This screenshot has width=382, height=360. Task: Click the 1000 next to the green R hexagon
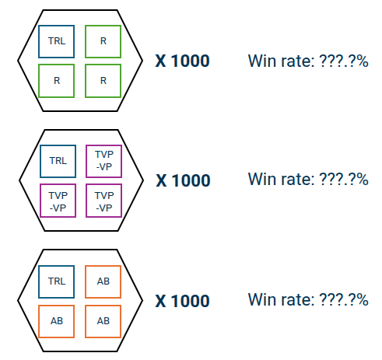coord(191,61)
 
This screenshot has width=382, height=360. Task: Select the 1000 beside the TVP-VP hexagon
coord(191,180)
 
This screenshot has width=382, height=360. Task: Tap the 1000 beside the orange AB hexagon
coord(191,301)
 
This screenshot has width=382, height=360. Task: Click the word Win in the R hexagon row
coord(262,61)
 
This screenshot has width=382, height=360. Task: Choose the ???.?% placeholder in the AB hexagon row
coord(344,299)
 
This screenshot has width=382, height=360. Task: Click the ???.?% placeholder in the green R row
coord(344,61)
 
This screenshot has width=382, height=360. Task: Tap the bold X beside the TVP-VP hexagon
coord(161,180)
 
